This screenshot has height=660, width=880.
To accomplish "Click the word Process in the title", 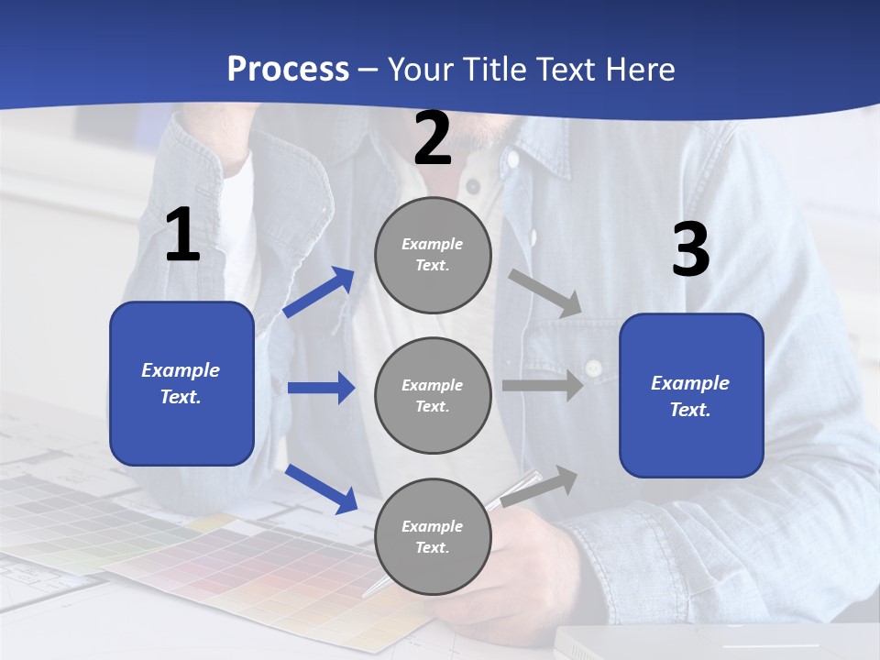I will pyautogui.click(x=288, y=70).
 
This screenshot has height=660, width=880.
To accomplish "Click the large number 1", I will pyautogui.click(x=182, y=236).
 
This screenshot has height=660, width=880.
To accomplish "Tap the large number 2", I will pyautogui.click(x=433, y=139).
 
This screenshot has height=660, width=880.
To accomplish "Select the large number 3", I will pyautogui.click(x=690, y=250).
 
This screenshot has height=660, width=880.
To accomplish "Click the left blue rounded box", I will pyautogui.click(x=181, y=383).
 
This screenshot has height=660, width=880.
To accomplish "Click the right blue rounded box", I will pyautogui.click(x=691, y=395).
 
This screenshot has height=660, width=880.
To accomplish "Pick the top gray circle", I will pyautogui.click(x=433, y=255).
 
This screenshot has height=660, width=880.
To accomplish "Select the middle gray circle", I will pyautogui.click(x=433, y=395).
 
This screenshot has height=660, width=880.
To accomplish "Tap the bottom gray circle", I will pyautogui.click(x=433, y=536).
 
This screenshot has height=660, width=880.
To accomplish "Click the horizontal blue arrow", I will pyautogui.click(x=321, y=389).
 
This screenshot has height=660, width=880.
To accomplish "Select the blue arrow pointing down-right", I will pyautogui.click(x=322, y=489).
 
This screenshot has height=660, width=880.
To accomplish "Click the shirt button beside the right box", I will pyautogui.click(x=594, y=368).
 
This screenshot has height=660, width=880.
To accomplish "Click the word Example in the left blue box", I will pyautogui.click(x=181, y=370).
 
